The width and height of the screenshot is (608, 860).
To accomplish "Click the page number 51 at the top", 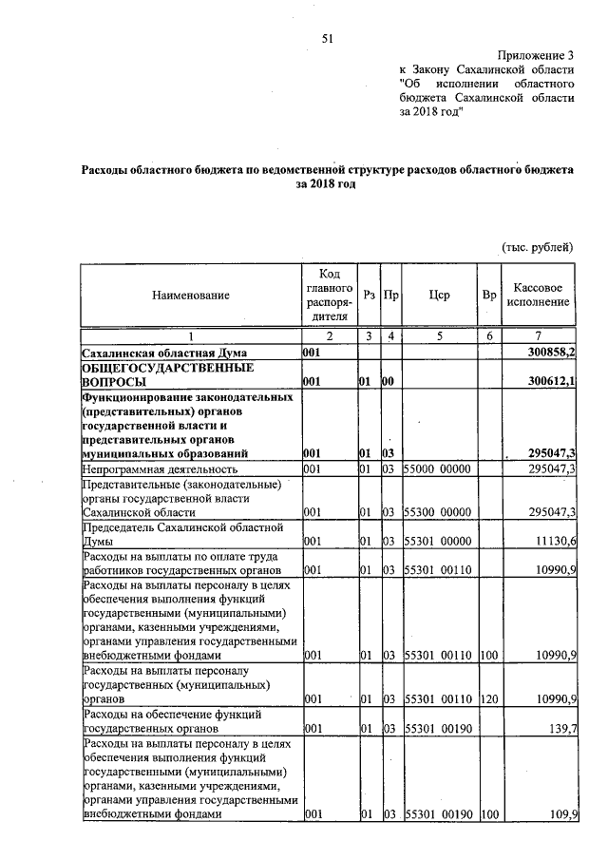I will pyautogui.click(x=329, y=38).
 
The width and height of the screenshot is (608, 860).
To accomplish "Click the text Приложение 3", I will pyautogui.click(x=538, y=56).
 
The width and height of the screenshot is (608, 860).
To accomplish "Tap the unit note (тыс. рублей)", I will pyautogui.click(x=538, y=248).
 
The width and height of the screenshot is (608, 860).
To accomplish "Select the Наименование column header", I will pyautogui.click(x=191, y=296).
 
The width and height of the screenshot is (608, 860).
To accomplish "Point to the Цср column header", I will pyautogui.click(x=439, y=296).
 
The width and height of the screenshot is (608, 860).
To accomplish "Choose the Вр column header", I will pyautogui.click(x=489, y=296).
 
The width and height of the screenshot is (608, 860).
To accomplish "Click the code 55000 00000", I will pyautogui.click(x=438, y=469).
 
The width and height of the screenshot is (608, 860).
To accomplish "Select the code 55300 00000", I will pyautogui.click(x=438, y=512).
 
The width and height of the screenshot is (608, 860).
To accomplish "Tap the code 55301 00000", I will pyautogui.click(x=438, y=541).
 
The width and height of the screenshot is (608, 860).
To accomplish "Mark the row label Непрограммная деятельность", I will pyautogui.click(x=156, y=469).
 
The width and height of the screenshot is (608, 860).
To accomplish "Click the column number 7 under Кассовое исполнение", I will pyautogui.click(x=539, y=336).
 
